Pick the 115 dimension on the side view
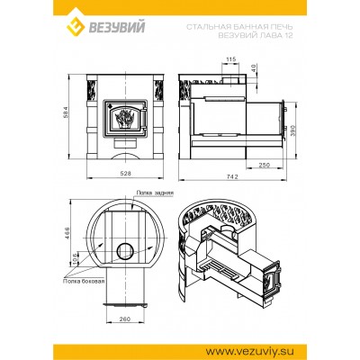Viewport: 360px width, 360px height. pyautogui.click(x=232, y=58)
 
